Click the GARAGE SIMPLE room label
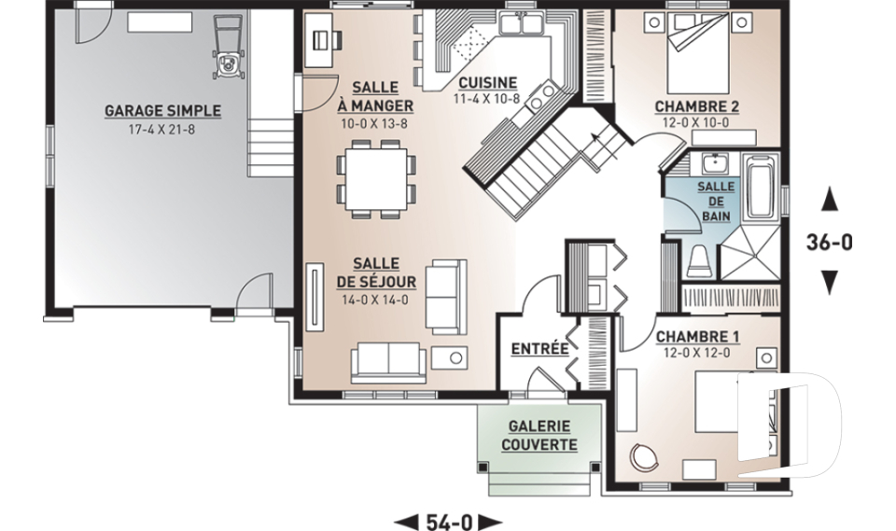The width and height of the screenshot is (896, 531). point(162,110)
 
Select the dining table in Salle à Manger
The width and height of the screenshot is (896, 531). point(376,179)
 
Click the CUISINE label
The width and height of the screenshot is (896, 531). point(487,83)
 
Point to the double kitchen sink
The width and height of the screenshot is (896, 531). point(521,24)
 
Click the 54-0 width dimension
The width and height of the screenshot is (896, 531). point(449,522)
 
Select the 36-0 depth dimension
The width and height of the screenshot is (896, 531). point(830,242)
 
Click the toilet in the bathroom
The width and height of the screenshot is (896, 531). point(699,262)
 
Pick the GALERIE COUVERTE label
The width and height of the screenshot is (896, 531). point(539,435)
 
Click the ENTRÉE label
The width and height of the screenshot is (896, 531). point(539,349)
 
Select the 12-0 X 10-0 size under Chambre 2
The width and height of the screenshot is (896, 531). point(696,122)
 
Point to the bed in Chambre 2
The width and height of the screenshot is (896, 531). point(698,53)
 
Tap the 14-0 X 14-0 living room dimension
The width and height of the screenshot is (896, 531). point(375,300)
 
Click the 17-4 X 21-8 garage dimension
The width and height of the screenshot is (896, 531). point(161,129)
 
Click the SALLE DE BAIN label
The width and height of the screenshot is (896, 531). point(716,202)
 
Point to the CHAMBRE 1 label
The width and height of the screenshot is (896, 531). point(698,337)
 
